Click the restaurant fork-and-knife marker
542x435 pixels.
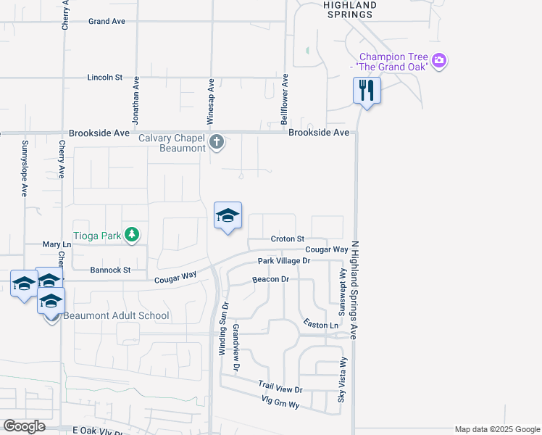coord(367,91)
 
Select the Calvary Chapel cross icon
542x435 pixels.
coord(217,141)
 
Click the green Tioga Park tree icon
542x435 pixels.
coord(131,234)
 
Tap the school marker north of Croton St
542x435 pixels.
coord(228,216)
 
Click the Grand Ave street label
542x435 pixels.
coord(107,21)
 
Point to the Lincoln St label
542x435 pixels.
coord(106,77)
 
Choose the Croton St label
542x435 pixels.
coord(287,239)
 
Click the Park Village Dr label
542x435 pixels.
coord(283,260)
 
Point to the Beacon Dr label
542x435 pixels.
coord(270,279)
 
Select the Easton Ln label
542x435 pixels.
coord(321,326)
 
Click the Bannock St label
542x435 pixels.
coord(110,270)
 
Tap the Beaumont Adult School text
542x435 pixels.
coord(116,315)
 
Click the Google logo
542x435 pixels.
coord(24,426)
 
